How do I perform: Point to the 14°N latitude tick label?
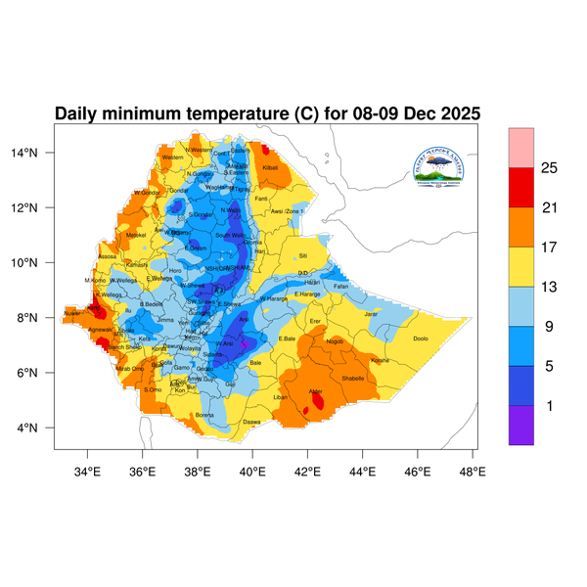tap(37, 153)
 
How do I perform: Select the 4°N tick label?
tap(40, 428)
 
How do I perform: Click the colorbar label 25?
tap(549, 169)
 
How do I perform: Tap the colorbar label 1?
tap(549, 405)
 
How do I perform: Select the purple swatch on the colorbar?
tap(521, 425)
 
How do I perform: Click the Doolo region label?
tap(421, 339)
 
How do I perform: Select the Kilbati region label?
tap(271, 169)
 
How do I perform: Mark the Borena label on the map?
tap(204, 415)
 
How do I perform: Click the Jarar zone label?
tap(371, 314)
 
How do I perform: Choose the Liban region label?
tap(280, 397)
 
